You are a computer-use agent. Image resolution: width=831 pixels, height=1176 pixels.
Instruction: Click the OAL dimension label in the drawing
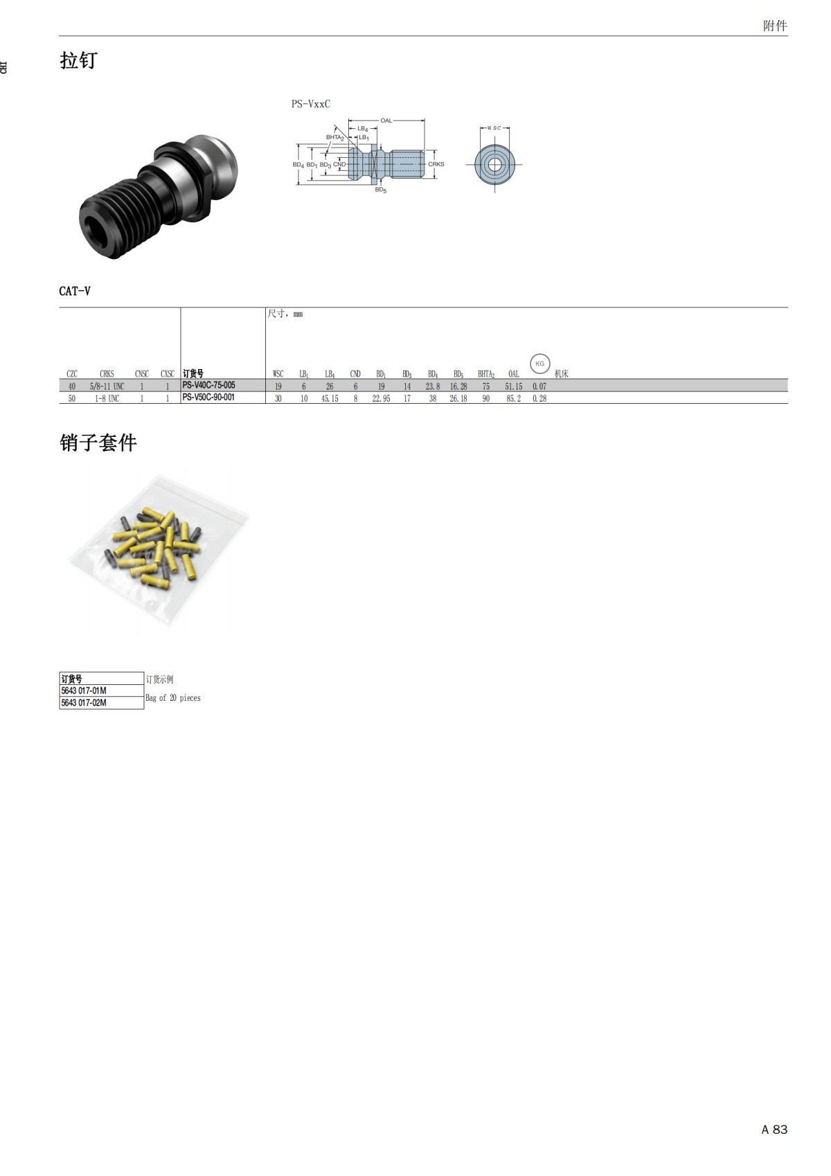[386, 121]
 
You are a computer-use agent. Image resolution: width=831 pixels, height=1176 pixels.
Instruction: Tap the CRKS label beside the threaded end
[436, 164]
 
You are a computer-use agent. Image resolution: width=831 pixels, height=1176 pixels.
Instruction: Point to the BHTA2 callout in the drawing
[335, 138]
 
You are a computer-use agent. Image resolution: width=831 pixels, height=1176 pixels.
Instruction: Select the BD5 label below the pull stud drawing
[381, 190]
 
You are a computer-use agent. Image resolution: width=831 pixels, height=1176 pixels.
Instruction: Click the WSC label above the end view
[494, 128]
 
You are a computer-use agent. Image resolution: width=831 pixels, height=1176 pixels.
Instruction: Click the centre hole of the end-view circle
[494, 165]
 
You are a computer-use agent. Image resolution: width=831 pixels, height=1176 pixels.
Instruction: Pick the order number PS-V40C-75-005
[208, 385]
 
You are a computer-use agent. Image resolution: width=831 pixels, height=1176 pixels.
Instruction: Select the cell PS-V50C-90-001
[208, 398]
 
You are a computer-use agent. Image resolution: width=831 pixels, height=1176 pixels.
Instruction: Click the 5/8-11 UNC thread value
[107, 386]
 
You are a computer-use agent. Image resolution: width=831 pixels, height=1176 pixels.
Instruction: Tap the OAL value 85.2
[513, 399]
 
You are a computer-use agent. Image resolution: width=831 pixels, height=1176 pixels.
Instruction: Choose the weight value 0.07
[539, 386]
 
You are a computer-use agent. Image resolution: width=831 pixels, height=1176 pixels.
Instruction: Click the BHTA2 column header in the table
[485, 374]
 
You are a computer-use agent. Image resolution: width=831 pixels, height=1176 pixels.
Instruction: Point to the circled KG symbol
[539, 364]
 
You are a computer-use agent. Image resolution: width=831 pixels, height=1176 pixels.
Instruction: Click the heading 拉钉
[78, 61]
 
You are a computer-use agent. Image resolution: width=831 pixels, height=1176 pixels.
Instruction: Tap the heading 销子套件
[98, 443]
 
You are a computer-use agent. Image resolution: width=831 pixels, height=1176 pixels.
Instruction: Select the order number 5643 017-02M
[84, 703]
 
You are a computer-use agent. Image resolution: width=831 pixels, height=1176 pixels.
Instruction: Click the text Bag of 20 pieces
[172, 698]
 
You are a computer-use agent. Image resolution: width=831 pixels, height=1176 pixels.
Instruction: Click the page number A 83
[774, 1130]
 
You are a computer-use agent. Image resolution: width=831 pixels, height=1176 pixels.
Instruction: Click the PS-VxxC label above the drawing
[310, 104]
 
